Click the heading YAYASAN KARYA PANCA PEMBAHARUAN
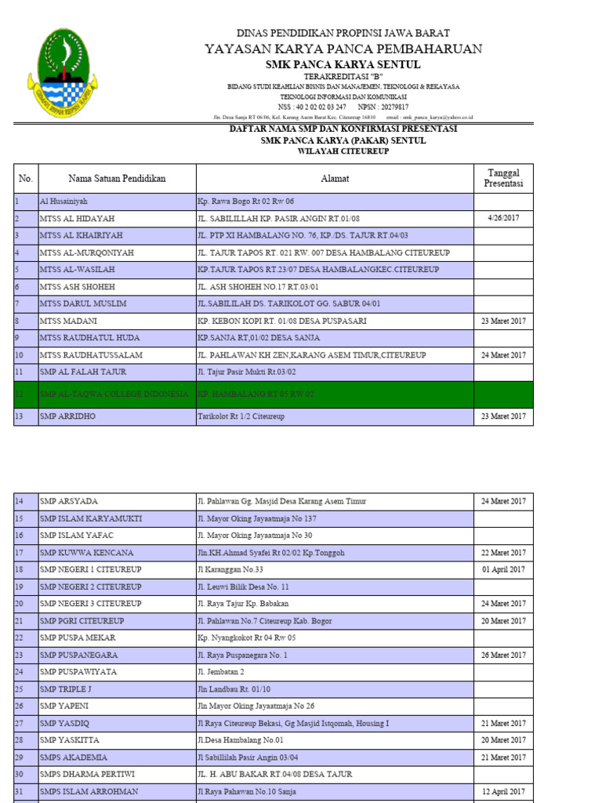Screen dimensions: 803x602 (x=343, y=49)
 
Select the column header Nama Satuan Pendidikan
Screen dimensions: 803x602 (x=117, y=179)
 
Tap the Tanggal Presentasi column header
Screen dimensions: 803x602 (x=503, y=178)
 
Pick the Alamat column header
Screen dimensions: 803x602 (x=335, y=179)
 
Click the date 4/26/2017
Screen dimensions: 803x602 (x=503, y=218)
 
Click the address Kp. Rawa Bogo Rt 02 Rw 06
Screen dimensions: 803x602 (x=245, y=202)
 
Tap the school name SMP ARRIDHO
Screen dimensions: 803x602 (x=67, y=416)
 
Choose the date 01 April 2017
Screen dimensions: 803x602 (x=503, y=569)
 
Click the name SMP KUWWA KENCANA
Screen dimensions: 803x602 (x=86, y=553)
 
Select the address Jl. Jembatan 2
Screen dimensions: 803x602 (x=221, y=672)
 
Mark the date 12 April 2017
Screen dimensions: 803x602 (x=503, y=792)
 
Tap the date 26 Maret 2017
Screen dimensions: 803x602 (x=503, y=655)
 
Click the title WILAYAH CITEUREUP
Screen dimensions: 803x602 (x=343, y=151)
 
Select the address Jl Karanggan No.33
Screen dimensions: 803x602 (x=230, y=569)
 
